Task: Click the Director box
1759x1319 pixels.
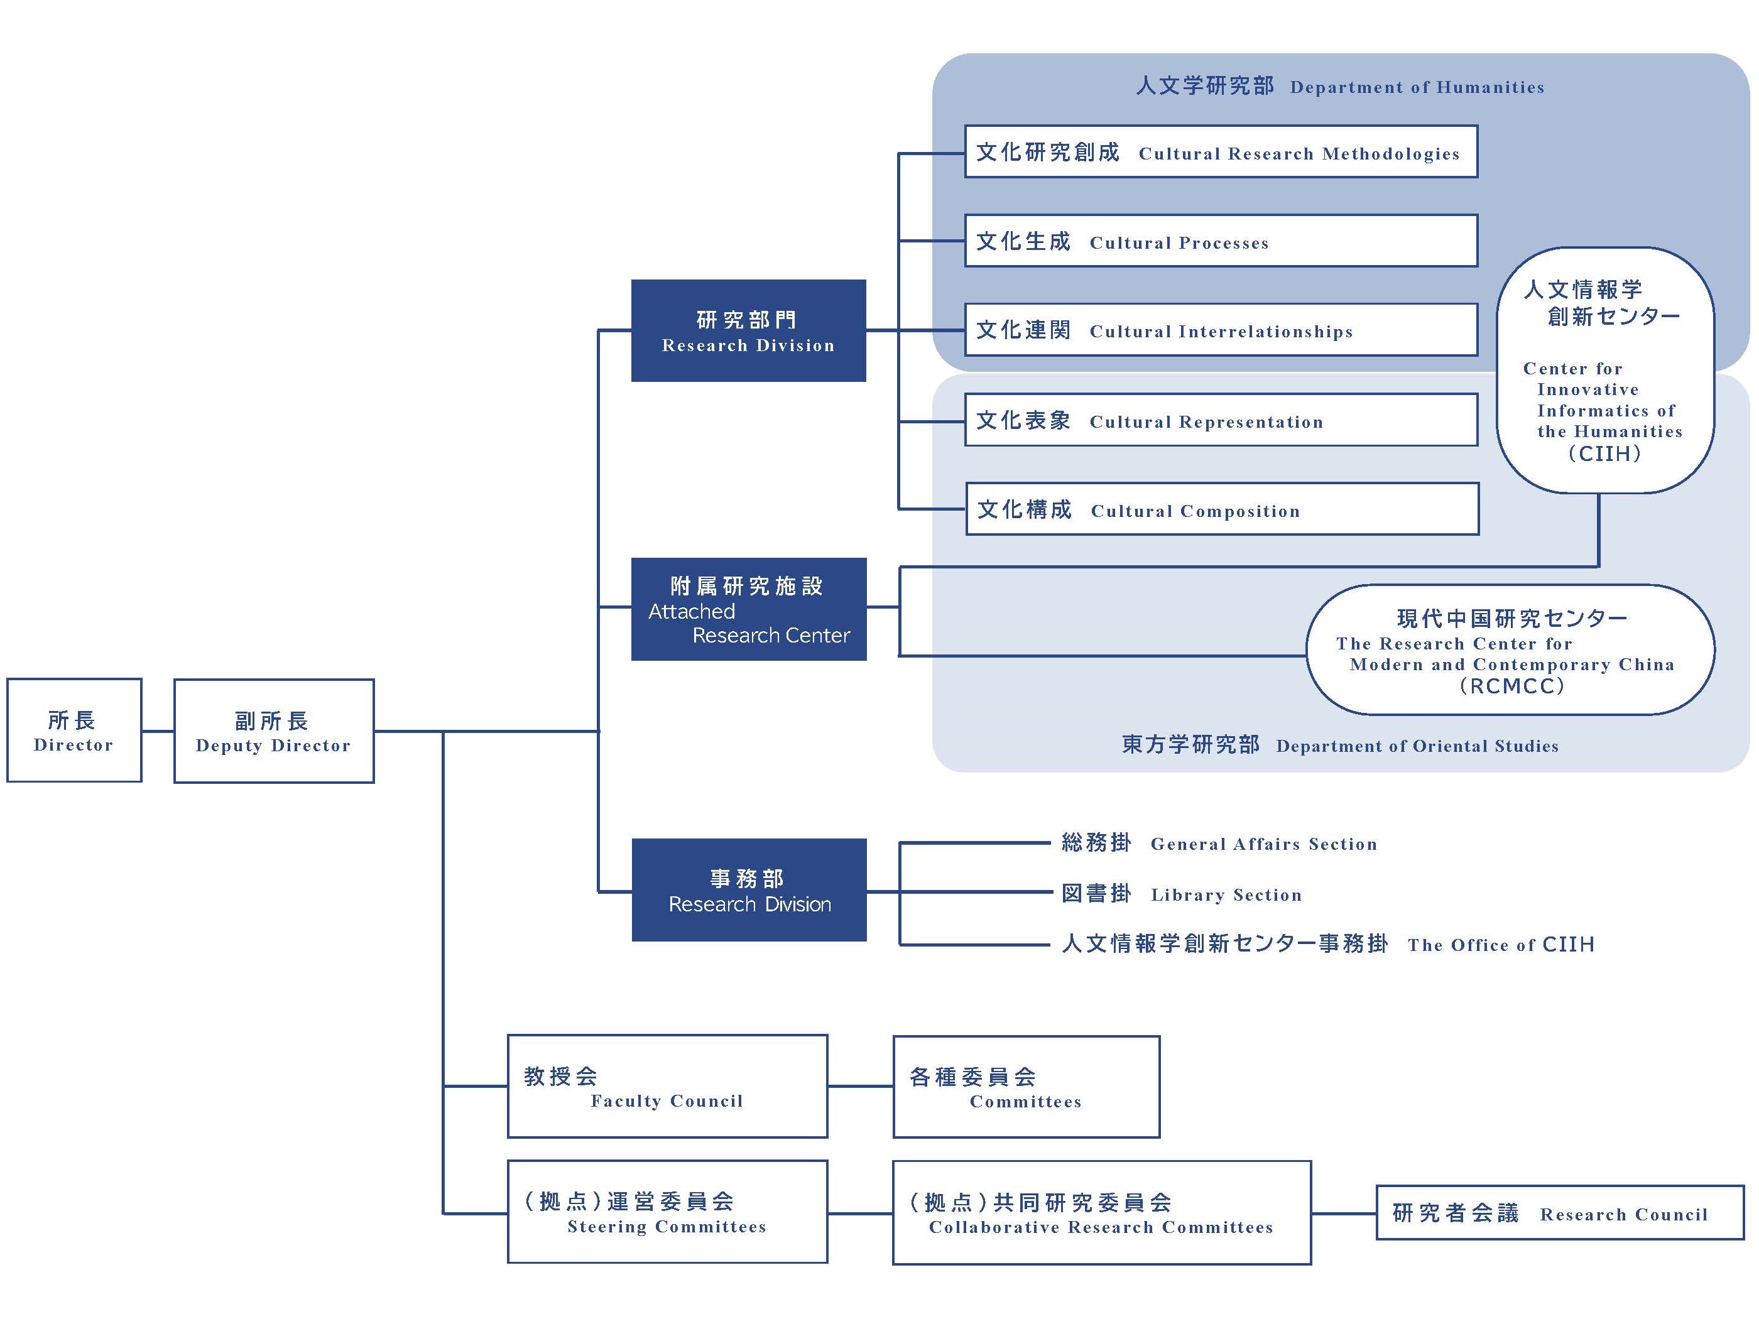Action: click(x=74, y=730)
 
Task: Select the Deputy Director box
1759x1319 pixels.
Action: click(x=273, y=730)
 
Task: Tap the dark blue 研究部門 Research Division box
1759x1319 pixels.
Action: click(x=748, y=331)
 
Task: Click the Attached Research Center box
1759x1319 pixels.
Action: click(x=748, y=609)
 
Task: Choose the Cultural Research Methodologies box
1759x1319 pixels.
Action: click(x=1221, y=151)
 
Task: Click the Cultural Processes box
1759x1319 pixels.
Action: click(x=1221, y=240)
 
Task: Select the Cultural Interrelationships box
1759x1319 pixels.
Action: click(x=1221, y=329)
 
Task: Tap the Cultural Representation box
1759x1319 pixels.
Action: click(x=1221, y=420)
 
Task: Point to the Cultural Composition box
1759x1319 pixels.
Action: click(x=1221, y=509)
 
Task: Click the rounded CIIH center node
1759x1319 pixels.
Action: click(x=1604, y=371)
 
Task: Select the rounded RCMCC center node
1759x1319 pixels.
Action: click(x=1510, y=650)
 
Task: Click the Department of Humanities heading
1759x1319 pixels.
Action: click(x=1340, y=86)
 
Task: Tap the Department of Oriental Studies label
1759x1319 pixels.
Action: click(x=1340, y=744)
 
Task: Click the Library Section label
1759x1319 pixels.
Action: click(x=1182, y=894)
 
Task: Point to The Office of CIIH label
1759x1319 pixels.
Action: click(x=1328, y=944)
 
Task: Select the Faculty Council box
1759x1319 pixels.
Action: click(x=667, y=1086)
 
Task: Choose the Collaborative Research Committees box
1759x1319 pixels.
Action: click(x=1101, y=1212)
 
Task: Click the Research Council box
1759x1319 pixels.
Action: click(x=1559, y=1212)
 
